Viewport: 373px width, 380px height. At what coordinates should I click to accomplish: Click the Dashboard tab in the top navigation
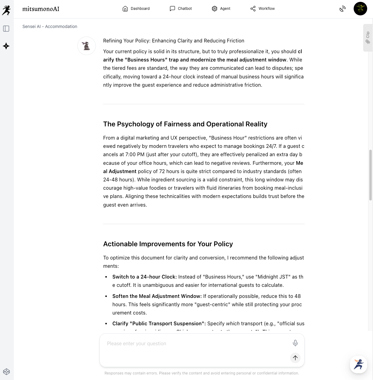point(136,9)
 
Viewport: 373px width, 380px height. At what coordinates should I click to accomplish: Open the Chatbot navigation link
point(181,9)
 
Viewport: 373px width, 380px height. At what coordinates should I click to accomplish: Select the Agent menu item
point(221,9)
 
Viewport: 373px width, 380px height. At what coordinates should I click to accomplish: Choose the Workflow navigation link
point(262,9)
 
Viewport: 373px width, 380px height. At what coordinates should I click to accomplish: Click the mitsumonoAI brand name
point(41,9)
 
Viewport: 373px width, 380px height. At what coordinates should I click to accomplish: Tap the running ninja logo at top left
point(6,10)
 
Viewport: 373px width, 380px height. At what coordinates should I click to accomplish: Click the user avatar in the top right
point(360,9)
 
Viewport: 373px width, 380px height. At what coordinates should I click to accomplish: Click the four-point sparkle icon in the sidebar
point(6,46)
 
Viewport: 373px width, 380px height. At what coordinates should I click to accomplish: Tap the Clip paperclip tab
point(368,38)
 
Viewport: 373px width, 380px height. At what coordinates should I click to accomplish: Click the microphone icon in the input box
point(295,343)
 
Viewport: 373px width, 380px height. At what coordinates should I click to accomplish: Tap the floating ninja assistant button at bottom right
point(358,364)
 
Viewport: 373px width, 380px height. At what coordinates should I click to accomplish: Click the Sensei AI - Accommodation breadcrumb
point(50,26)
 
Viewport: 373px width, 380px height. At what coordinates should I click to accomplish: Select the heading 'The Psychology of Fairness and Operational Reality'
point(185,124)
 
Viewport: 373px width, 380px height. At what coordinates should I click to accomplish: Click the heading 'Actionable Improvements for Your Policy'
point(168,244)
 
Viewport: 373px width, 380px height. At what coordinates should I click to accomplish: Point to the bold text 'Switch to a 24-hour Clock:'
point(144,277)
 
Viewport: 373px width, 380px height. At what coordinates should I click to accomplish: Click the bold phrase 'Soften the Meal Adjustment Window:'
point(157,296)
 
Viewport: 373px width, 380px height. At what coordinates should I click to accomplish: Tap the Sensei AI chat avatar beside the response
point(87,46)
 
